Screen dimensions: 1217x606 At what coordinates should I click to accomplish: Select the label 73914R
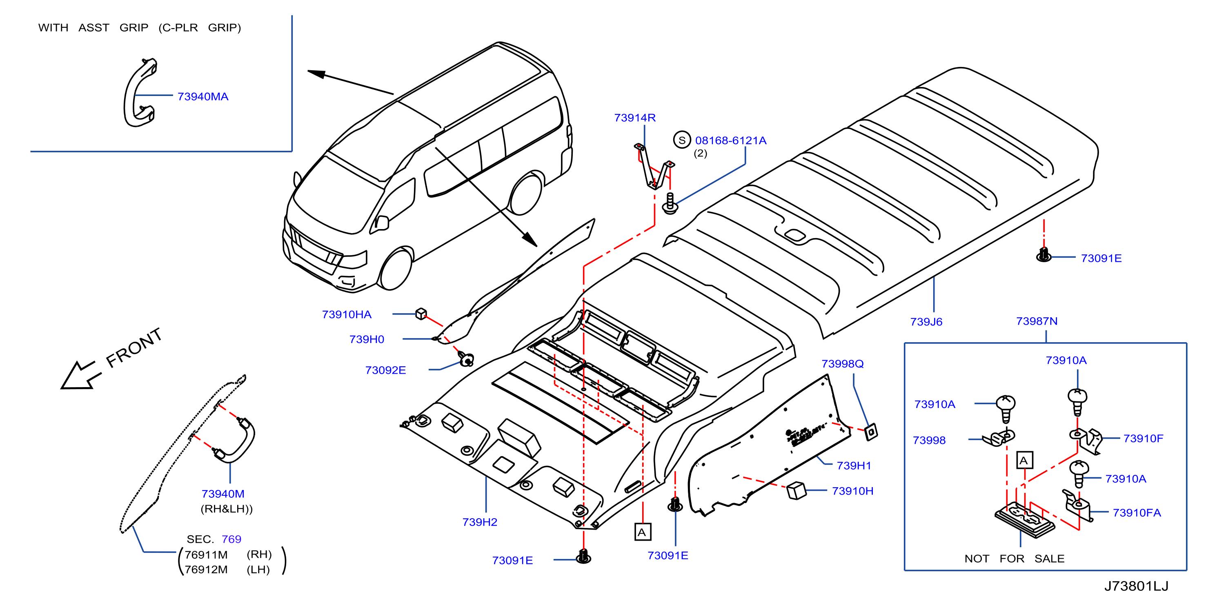[x=634, y=118]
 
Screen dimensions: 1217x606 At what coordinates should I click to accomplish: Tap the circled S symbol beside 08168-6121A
[x=682, y=140]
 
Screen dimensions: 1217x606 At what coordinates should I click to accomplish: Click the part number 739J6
[x=926, y=322]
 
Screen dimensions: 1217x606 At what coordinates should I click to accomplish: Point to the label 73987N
[x=1037, y=321]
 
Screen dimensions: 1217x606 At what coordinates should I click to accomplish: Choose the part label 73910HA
[x=346, y=314]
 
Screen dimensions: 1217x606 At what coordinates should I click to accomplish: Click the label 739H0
[x=367, y=339]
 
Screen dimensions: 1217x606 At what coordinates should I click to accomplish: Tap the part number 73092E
[x=385, y=370]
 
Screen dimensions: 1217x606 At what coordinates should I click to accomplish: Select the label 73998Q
[x=842, y=364]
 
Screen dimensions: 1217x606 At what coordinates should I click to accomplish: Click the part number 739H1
[x=854, y=466]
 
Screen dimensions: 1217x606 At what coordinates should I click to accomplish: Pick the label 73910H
[x=852, y=491]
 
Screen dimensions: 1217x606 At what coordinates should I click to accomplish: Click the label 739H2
[x=480, y=522]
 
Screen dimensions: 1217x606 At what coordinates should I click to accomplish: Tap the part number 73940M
[x=222, y=494]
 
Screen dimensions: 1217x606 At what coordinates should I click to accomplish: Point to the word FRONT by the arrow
[x=134, y=348]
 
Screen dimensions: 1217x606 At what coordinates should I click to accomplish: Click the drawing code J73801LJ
[x=1136, y=586]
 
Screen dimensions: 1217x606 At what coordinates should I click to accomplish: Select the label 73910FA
[x=1136, y=513]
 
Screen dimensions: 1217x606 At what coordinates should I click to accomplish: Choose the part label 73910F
[x=1143, y=439]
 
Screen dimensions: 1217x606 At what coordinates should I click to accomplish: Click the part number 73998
[x=929, y=441]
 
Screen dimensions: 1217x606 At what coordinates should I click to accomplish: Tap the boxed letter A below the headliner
[x=643, y=532]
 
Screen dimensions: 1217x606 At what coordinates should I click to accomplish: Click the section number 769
[x=231, y=539]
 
